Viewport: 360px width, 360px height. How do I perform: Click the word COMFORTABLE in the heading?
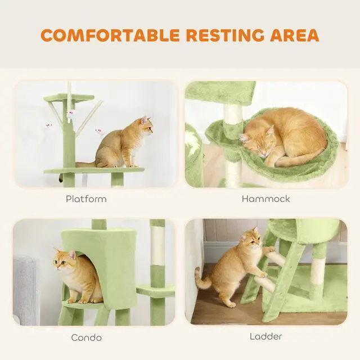110,35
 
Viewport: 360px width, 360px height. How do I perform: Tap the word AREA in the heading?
295,35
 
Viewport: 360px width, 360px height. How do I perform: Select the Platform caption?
86,199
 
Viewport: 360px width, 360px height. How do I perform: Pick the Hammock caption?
266,199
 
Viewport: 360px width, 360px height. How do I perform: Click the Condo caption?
86,337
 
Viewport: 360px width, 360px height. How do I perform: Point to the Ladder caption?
266,336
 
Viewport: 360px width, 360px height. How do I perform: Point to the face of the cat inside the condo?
62,262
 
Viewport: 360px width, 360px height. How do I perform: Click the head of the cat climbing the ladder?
251,238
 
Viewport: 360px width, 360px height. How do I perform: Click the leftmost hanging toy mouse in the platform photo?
48,125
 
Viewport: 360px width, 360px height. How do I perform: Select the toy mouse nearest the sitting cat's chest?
99,131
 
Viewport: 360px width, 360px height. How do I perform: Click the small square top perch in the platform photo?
69,97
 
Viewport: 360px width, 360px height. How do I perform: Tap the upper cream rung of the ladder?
277,258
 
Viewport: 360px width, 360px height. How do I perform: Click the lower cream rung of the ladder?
264,283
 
